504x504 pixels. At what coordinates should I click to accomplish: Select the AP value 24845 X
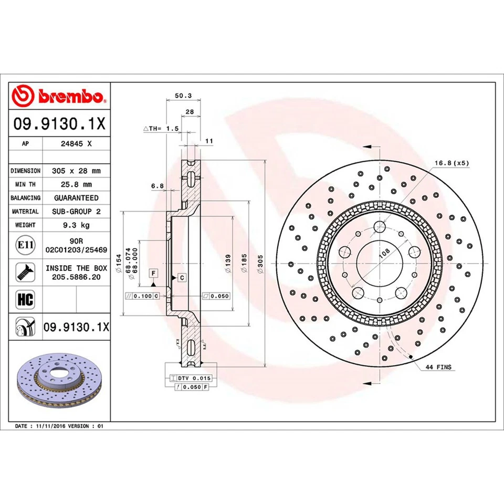pos(76,143)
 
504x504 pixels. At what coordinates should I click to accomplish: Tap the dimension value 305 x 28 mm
pos(76,171)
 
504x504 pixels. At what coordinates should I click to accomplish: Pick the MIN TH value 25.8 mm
pos(76,184)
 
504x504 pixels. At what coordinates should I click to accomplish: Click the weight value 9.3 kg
pos(76,225)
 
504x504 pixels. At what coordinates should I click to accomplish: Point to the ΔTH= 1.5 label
pos(161,128)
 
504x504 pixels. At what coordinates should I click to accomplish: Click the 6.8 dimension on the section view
pos(157,185)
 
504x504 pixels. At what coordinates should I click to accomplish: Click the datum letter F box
pos(153,273)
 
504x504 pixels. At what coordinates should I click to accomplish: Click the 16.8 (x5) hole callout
pos(451,163)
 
